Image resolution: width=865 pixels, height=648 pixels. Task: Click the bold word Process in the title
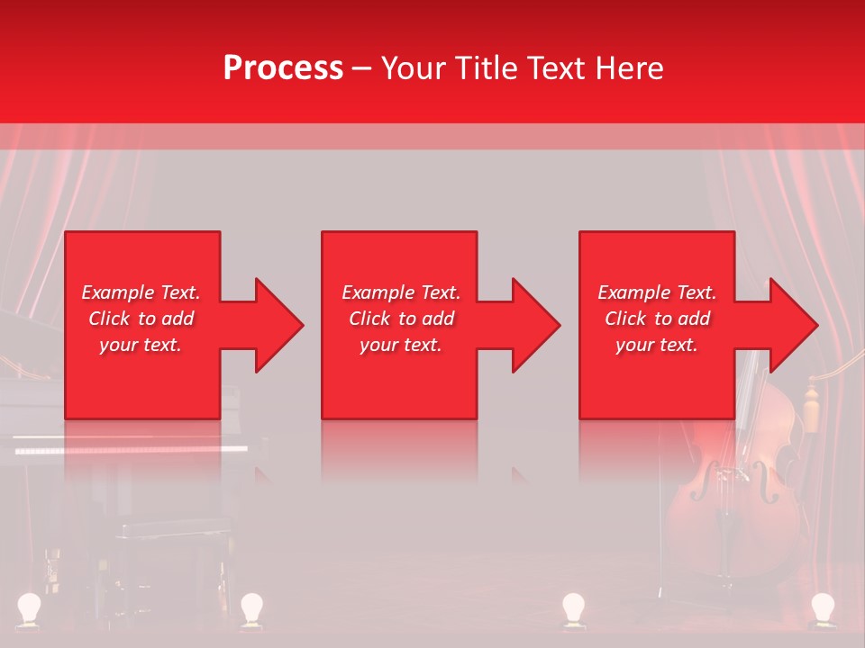tap(283, 68)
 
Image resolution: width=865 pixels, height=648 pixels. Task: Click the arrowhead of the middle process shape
tap(534, 325)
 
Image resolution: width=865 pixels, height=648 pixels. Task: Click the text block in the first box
tap(141, 319)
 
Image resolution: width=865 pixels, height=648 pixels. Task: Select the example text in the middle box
tap(401, 319)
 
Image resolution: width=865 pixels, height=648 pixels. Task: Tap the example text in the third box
tap(657, 319)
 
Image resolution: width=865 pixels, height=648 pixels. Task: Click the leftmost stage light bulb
tap(30, 607)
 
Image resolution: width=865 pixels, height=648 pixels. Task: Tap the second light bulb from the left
tap(250, 607)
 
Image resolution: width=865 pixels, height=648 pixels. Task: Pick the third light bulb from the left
tap(573, 607)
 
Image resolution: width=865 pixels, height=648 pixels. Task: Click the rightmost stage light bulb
tap(822, 607)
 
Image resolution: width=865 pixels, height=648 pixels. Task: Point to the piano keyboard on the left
tap(131, 447)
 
